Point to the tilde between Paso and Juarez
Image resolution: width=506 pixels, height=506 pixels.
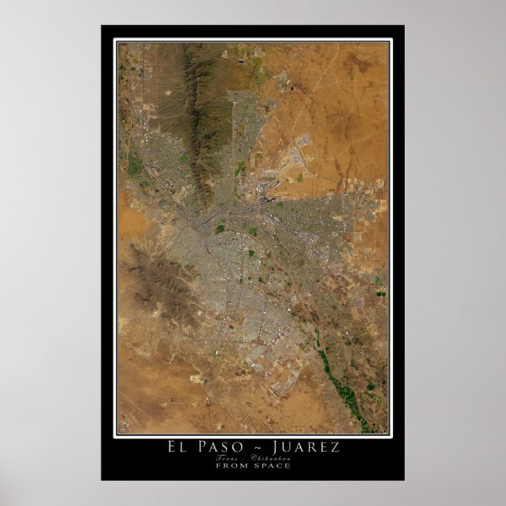[256, 447]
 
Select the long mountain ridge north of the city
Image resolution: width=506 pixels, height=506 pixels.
[189, 102]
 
